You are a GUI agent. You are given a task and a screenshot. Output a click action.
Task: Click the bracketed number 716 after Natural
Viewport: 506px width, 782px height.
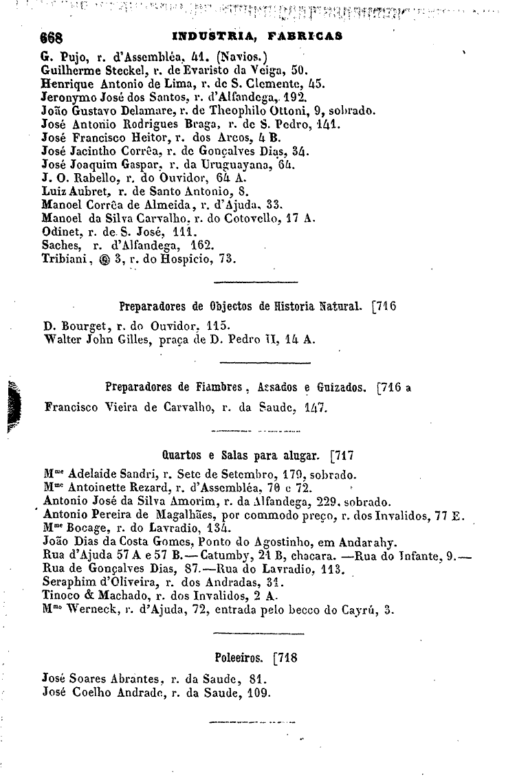click(x=386, y=306)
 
